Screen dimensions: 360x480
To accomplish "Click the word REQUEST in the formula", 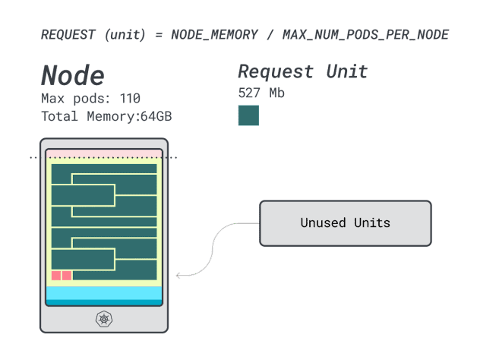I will point(68,35).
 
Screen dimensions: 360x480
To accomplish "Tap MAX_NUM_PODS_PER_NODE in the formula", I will point(365,35).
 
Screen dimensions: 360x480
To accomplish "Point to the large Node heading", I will point(72,74).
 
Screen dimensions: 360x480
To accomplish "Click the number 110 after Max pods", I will point(130,99).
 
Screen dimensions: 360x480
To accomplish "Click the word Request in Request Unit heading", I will point(276,71).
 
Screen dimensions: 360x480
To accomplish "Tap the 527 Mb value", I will point(261,93).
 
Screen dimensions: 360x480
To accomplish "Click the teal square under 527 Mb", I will point(248,115).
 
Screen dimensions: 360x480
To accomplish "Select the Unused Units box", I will point(346,223).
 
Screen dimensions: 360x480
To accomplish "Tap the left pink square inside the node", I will point(56,276).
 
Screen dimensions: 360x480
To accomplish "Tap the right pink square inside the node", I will point(67,276).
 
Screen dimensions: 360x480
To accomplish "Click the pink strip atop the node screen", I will point(104,154).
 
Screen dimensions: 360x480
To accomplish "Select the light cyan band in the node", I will point(104,293).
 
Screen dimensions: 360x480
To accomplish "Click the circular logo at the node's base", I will point(104,319).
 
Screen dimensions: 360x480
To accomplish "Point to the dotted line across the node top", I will point(104,157).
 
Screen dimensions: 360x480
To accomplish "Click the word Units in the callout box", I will point(371,223).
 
